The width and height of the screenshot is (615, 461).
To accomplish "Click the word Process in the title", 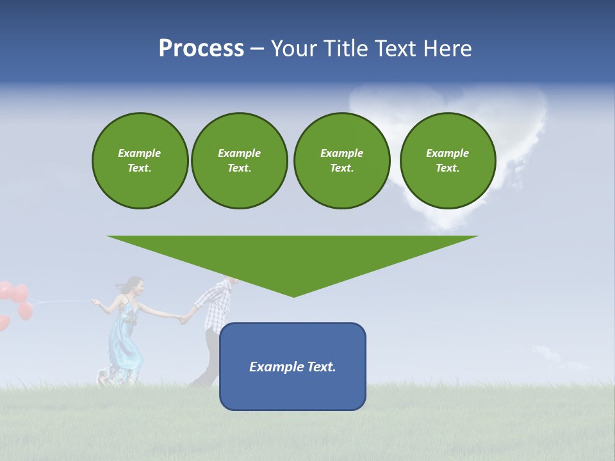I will click(201, 49).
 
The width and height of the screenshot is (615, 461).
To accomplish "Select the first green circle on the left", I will click(140, 161).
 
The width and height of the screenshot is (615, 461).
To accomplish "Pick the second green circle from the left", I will click(239, 161).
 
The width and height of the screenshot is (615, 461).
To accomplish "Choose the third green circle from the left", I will click(341, 161).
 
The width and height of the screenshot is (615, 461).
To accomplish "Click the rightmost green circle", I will click(447, 161).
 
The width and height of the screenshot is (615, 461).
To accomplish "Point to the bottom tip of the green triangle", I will click(293, 295).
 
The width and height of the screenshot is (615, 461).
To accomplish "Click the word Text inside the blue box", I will click(322, 367).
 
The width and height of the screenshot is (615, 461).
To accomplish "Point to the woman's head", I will click(133, 286).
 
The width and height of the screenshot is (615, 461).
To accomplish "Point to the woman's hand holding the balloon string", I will click(96, 302).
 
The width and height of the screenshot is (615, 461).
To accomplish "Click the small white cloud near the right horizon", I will click(545, 353).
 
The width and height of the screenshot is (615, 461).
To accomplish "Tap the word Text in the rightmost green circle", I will click(447, 168).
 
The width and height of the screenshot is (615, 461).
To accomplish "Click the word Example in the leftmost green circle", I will click(140, 153).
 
